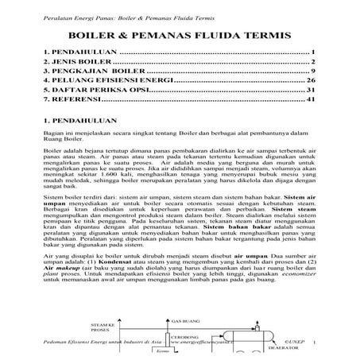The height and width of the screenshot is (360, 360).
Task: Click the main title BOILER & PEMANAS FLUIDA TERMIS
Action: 180,37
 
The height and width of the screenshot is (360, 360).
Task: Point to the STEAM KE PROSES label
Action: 104,328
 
